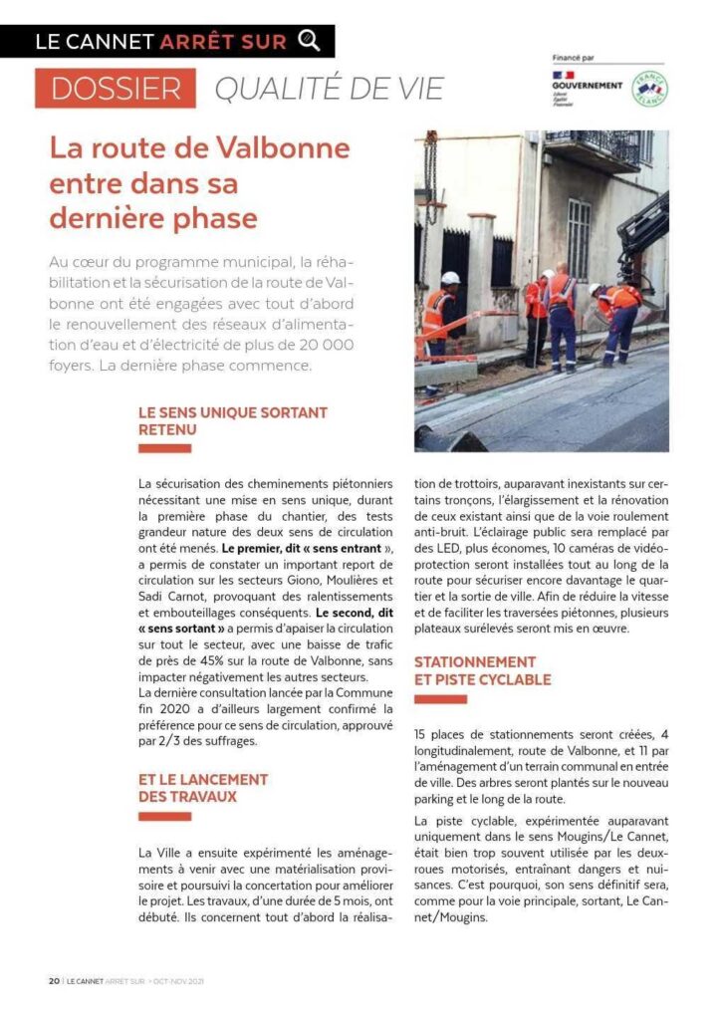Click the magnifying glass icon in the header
point(310,41)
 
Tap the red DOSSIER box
point(116,89)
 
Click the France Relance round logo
point(649,90)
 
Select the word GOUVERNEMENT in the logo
point(587,86)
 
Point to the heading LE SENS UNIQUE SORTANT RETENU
point(232,420)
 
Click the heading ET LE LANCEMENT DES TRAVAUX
point(203,787)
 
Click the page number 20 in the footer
point(54,980)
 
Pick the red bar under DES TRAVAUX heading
point(164,816)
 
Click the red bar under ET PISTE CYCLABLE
point(440,699)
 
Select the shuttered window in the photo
point(579,239)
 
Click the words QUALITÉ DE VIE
point(330,89)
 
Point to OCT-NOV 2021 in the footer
point(179,980)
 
